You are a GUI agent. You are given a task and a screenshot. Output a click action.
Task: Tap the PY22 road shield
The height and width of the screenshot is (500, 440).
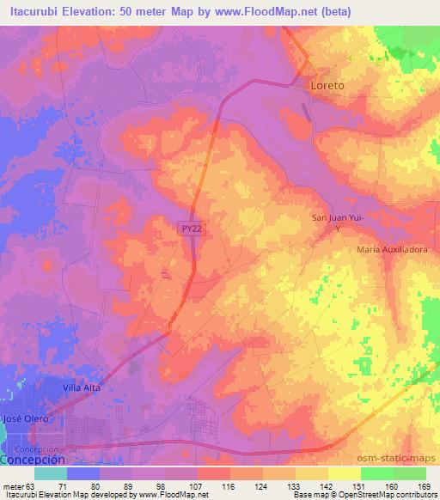pos(192,228)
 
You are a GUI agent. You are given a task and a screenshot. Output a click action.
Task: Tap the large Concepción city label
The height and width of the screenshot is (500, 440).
pos(32,460)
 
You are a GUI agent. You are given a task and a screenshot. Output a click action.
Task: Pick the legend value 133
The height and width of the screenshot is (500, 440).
pos(270,485)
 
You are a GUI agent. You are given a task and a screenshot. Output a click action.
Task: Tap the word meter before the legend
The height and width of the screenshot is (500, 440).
pos(15,485)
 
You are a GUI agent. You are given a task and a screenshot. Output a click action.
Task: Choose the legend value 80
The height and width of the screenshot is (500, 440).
pos(107,485)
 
